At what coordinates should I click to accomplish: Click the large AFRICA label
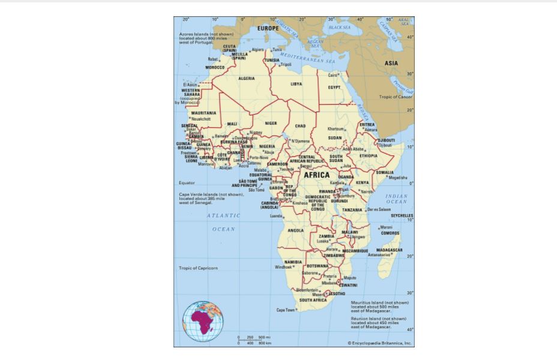click(316, 175)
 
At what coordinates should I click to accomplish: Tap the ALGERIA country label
click(246, 78)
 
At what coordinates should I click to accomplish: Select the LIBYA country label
click(297, 84)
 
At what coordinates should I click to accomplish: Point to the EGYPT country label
click(334, 87)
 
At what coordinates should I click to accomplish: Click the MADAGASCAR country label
click(390, 250)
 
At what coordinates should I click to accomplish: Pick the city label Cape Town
click(286, 310)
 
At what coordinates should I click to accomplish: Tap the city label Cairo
click(333, 75)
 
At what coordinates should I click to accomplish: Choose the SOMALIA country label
click(385, 172)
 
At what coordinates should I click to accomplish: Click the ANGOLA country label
click(296, 230)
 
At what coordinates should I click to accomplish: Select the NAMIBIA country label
click(293, 262)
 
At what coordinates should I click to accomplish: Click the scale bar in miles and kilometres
click(254, 340)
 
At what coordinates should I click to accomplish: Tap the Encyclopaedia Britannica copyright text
click(379, 343)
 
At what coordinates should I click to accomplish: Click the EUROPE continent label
click(268, 28)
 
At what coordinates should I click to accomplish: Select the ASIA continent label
click(391, 62)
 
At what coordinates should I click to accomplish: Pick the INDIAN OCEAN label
click(396, 199)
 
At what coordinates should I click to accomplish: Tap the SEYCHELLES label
click(402, 215)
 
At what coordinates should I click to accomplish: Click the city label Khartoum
click(336, 129)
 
